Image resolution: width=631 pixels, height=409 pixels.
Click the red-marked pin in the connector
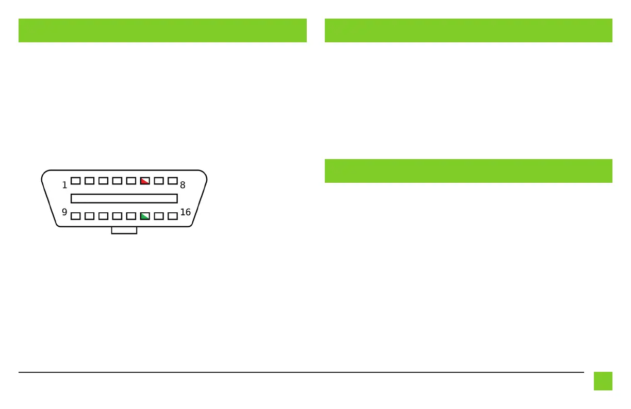(x=145, y=181)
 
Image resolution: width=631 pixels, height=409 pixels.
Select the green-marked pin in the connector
(x=145, y=216)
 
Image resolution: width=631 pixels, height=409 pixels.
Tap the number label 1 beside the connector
(x=64, y=185)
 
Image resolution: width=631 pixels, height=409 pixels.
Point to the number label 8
(x=182, y=185)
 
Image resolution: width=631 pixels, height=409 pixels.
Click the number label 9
(x=64, y=212)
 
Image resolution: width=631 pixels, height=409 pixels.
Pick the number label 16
(x=185, y=212)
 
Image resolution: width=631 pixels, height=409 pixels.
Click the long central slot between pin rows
(x=124, y=198)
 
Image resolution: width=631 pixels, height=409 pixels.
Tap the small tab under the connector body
(x=124, y=230)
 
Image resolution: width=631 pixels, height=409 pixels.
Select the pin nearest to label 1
(x=76, y=181)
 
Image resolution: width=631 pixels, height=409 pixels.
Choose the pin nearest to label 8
(x=173, y=181)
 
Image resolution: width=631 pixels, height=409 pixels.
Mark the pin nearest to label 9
(x=76, y=216)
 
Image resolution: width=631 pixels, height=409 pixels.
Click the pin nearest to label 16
(x=173, y=216)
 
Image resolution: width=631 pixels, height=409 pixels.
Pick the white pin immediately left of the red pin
(x=131, y=181)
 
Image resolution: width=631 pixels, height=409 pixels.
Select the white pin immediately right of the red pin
(x=159, y=181)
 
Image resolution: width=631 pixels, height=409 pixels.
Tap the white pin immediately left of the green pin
(x=131, y=216)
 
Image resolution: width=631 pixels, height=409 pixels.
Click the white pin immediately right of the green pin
(x=159, y=216)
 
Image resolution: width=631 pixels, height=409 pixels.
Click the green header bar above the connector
(x=162, y=30)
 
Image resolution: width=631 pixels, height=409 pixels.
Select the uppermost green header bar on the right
(x=468, y=30)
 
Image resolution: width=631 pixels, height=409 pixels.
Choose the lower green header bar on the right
(x=468, y=171)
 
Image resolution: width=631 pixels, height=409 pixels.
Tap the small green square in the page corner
(x=603, y=381)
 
